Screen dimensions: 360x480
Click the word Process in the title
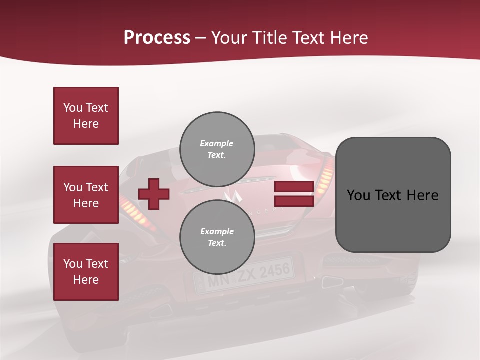(157, 38)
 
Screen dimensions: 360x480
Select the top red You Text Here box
(86, 116)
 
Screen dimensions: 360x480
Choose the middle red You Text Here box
(86, 195)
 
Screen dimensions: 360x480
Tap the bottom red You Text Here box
(86, 272)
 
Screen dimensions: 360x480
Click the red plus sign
(154, 194)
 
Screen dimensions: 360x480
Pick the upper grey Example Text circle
(217, 149)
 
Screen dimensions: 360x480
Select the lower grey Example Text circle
(217, 237)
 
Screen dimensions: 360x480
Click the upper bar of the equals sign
(294, 187)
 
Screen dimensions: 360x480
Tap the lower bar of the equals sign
(294, 201)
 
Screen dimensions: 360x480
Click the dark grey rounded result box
(393, 195)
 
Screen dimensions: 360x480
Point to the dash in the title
(201, 38)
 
